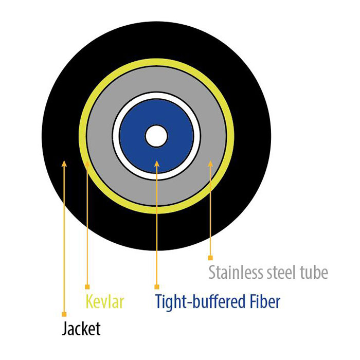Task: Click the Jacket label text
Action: pos(81,329)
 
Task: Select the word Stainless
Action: pos(236,272)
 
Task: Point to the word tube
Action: pos(314,272)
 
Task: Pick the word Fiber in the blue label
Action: pos(262,301)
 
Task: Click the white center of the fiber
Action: pos(156,136)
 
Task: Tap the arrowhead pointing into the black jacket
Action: pos(64,164)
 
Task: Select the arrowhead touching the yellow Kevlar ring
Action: pos(87,164)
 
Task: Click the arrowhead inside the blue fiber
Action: pos(157,164)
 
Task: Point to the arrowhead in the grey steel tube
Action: pos(210,164)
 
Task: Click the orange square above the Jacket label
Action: pos(64,314)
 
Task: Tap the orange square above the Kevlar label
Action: pos(87,287)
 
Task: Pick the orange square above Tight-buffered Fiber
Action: pos(157,287)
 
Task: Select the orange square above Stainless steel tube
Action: pos(210,258)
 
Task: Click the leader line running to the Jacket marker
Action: pos(64,239)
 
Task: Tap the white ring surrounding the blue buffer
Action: pos(116,136)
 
